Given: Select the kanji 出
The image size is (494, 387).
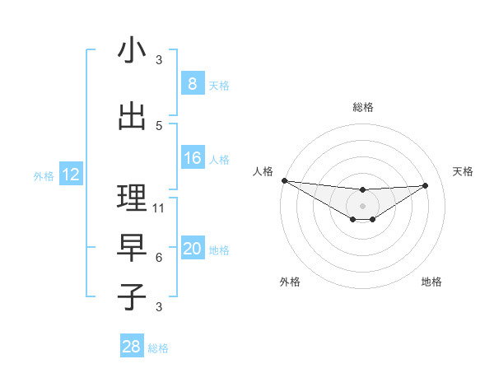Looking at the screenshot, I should tap(132, 117).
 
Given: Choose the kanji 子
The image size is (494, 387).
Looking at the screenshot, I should tap(132, 297).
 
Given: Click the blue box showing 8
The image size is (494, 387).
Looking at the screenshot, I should tap(192, 83).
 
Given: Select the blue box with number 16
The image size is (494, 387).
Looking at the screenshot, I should tap(192, 158).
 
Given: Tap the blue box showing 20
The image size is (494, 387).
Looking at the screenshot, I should tap(192, 249).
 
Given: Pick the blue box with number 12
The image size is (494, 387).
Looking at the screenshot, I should tap(70, 175).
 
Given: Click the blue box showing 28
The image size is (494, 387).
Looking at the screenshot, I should tap(132, 347).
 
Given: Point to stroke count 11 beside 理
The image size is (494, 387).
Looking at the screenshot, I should tap(159, 208).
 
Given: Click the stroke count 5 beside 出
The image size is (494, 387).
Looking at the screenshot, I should tap(159, 126).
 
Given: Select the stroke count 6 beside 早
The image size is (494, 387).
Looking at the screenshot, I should tap(159, 258).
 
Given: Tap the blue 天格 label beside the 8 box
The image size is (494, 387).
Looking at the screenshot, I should tap(219, 85).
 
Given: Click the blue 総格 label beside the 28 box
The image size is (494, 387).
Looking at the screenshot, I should tap(159, 348).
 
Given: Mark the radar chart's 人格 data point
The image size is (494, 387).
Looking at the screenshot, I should tap(284, 180).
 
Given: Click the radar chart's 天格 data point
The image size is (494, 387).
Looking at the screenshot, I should tap(425, 185).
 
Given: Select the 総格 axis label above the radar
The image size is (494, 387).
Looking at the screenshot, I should tap(362, 107).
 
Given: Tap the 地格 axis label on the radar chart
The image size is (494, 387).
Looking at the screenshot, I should tap(431, 282).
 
